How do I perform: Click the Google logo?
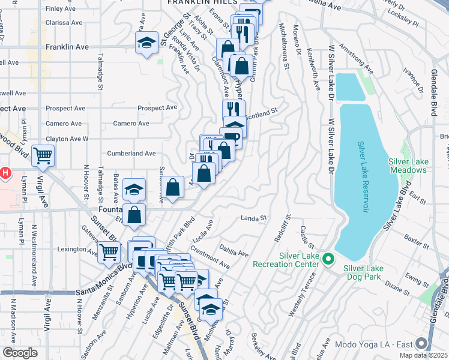(x=20, y=353)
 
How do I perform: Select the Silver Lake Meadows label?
(x=407, y=166)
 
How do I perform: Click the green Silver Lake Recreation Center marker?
(x=328, y=259)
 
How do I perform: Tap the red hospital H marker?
(x=5, y=174)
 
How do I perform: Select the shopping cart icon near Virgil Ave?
(x=43, y=156)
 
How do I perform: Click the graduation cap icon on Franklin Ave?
(x=145, y=43)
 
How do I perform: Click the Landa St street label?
(x=253, y=218)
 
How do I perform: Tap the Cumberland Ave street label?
(x=131, y=153)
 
